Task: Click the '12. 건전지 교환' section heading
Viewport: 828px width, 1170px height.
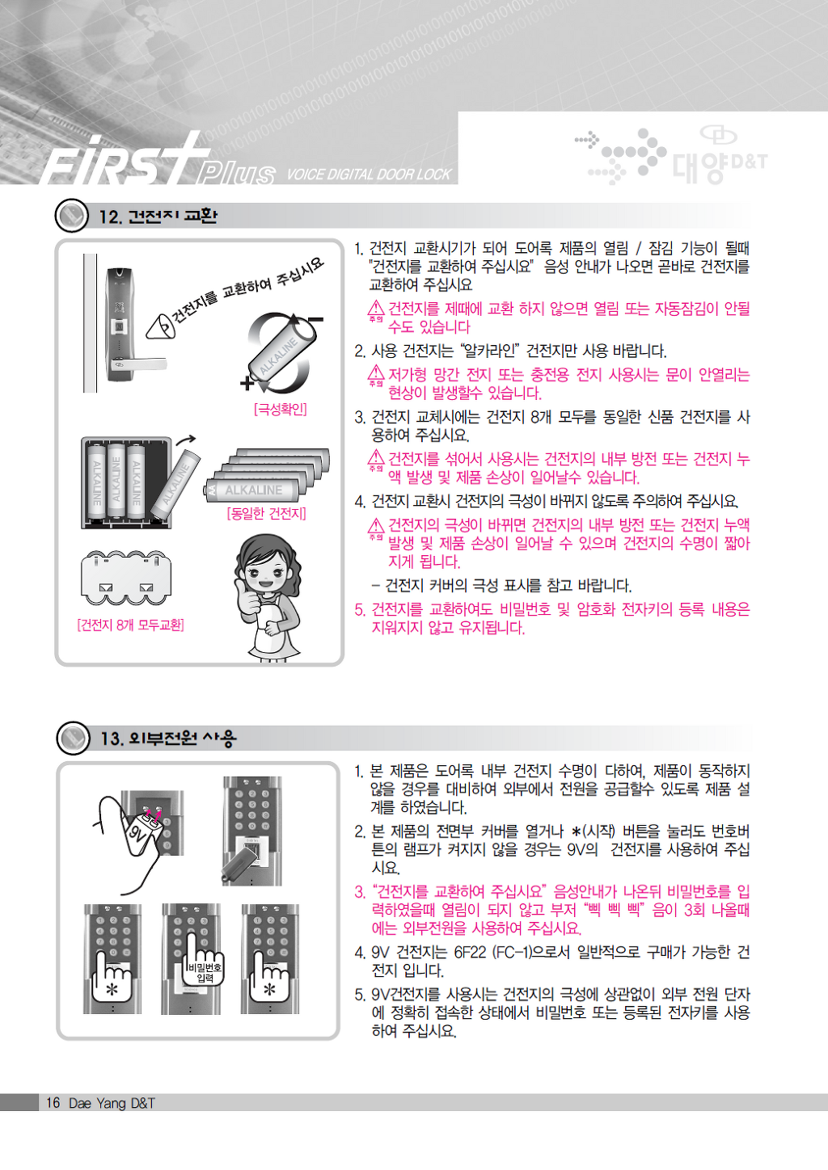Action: click(x=158, y=216)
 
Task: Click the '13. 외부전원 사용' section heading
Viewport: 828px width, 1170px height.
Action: click(x=168, y=738)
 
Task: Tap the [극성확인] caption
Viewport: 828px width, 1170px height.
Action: click(x=281, y=409)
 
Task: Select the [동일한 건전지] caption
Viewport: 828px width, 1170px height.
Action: click(x=267, y=513)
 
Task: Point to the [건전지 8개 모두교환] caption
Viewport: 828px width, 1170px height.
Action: click(x=131, y=625)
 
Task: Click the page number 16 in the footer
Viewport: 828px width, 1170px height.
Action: click(x=53, y=1103)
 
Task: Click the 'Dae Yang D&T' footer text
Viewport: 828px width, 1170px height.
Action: click(x=112, y=1103)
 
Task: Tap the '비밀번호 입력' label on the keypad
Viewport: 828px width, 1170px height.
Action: click(x=205, y=972)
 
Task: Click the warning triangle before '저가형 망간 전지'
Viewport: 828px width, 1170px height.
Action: click(x=376, y=373)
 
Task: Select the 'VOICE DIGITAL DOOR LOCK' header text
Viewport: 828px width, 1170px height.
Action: click(x=369, y=175)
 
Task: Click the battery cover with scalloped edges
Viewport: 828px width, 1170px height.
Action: click(x=126, y=578)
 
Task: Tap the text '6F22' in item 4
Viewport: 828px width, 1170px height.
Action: click(x=470, y=952)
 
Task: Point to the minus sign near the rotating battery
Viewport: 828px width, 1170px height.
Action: click(x=315, y=319)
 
